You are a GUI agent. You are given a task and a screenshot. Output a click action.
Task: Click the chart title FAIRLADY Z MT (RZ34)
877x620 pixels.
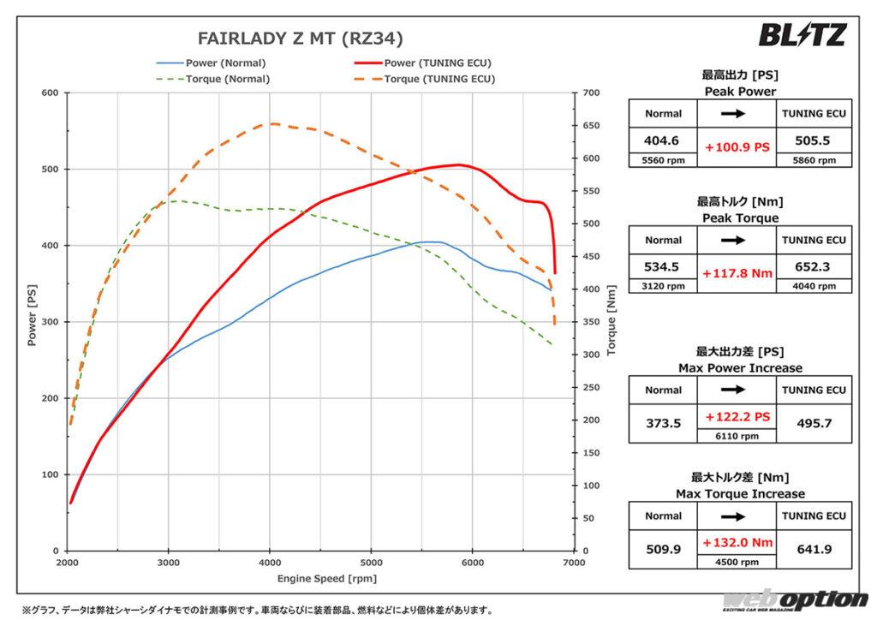pyautogui.click(x=300, y=38)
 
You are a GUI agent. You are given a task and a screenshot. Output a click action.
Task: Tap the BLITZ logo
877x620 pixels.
pyautogui.click(x=802, y=34)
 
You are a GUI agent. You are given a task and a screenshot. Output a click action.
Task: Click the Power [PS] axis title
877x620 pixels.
pyautogui.click(x=32, y=321)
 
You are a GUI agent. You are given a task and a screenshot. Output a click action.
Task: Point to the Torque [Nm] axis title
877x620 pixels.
pyautogui.click(x=611, y=321)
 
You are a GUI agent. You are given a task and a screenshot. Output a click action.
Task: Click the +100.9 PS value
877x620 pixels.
pyautogui.click(x=737, y=147)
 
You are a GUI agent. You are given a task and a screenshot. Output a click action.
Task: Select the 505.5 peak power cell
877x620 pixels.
pyautogui.click(x=813, y=140)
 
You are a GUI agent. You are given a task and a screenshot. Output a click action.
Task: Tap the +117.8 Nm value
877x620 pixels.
pyautogui.click(x=737, y=274)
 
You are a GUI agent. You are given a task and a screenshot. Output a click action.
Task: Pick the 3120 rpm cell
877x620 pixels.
pyautogui.click(x=663, y=286)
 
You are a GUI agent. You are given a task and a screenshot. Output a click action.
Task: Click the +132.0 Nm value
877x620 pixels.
pyautogui.click(x=737, y=542)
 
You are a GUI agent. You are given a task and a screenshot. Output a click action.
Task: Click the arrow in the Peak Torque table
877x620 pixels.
pyautogui.click(x=737, y=240)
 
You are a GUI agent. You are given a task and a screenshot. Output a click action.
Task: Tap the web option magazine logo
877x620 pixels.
pyautogui.click(x=796, y=601)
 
